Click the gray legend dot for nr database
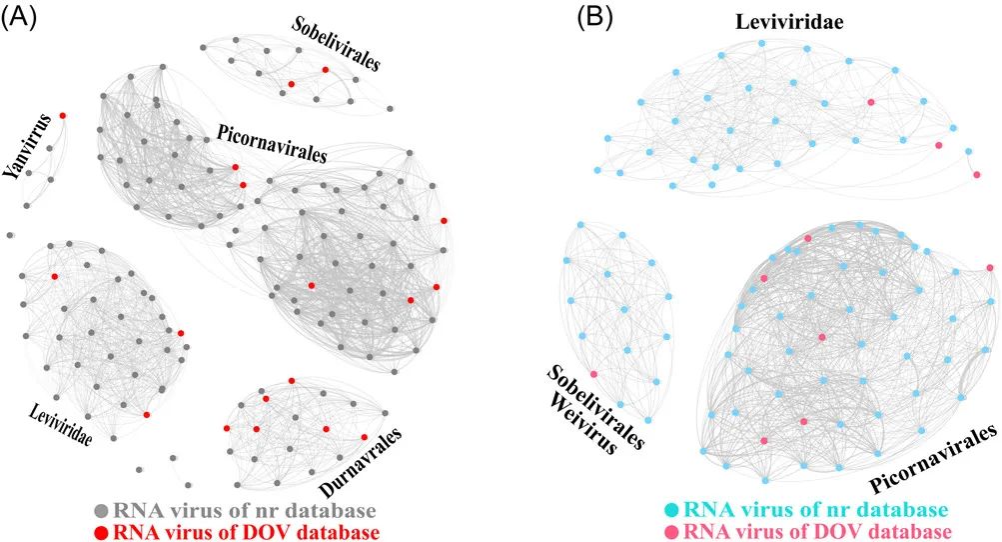tap(101, 509)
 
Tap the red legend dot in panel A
tap(101, 529)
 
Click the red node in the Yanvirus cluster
tap(63, 116)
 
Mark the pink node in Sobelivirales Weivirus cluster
tap(593, 374)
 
